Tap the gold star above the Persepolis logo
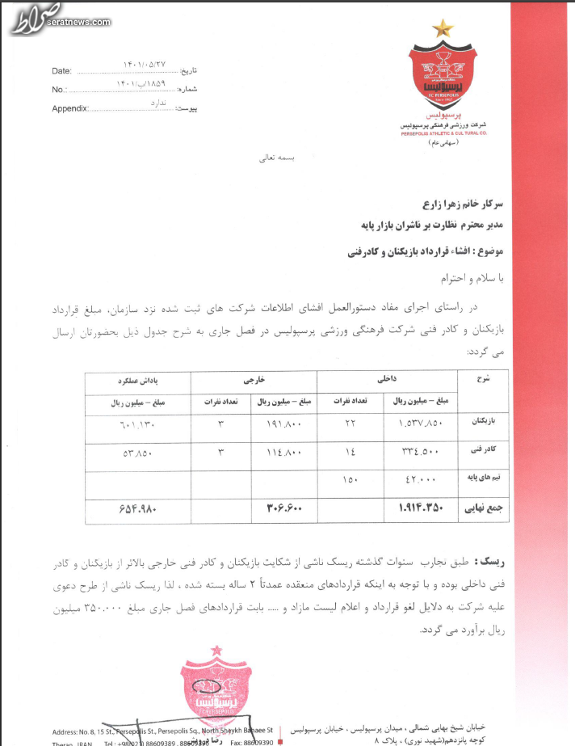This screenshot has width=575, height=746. click(443, 31)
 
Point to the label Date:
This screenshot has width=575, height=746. click(62, 71)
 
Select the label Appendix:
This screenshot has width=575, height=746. click(69, 108)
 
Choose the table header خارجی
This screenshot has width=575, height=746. click(254, 378)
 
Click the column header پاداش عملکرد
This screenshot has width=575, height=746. click(137, 378)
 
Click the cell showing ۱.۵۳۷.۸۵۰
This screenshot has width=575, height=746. click(423, 423)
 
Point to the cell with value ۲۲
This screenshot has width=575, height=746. click(350, 423)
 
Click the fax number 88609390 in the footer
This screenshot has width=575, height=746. click(258, 740)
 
